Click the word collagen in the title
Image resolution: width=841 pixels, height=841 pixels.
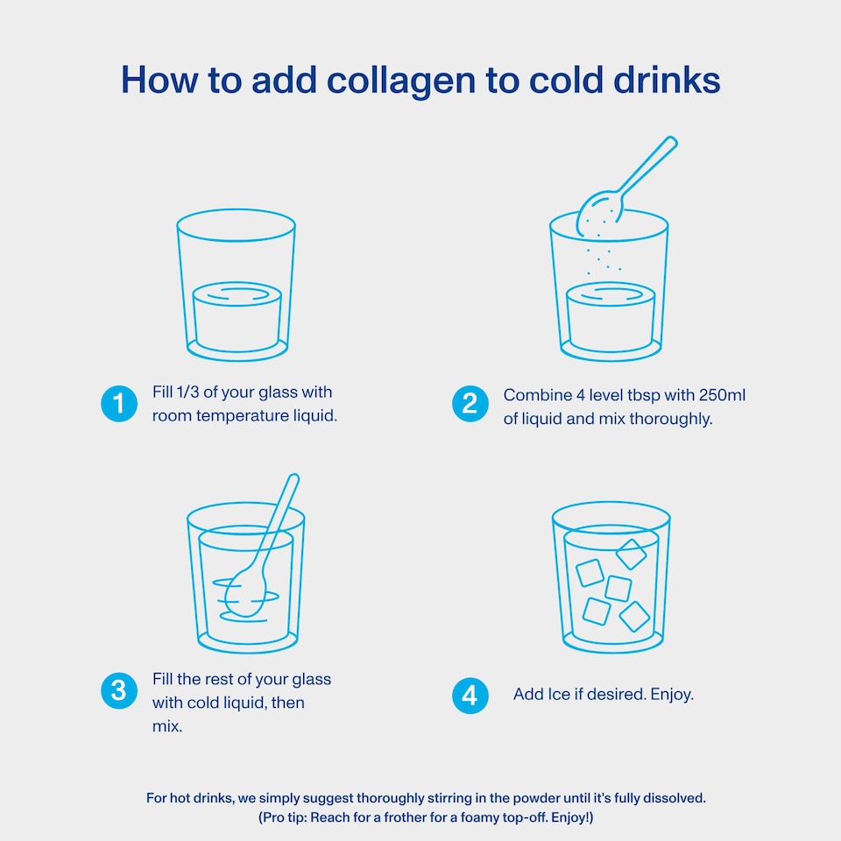401,81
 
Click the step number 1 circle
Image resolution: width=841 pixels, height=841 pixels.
119,404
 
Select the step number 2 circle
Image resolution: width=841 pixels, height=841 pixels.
470,404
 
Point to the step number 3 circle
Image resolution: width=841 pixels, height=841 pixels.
119,691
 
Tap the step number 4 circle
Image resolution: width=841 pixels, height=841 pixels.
470,696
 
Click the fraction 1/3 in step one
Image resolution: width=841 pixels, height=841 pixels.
187,392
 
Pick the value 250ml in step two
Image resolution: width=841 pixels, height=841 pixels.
723,395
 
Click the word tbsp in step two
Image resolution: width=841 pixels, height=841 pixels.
644,396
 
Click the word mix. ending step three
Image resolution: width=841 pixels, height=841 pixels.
167,726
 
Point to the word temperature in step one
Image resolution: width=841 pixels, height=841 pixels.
243,416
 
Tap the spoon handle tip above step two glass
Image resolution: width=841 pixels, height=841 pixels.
671,142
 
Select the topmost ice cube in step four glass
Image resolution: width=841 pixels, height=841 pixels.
632,554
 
